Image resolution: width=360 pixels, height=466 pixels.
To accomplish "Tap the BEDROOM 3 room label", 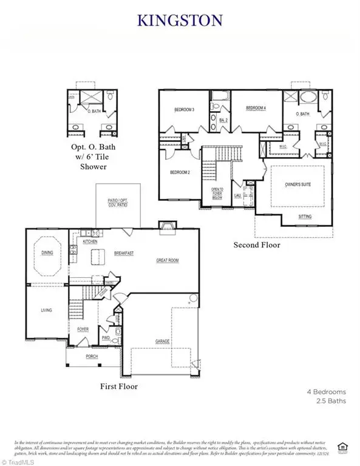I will pos(184,110).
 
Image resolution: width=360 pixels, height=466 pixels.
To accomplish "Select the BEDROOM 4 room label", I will pos(256,108).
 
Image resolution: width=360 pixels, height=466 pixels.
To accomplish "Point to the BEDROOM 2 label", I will pos(180,172).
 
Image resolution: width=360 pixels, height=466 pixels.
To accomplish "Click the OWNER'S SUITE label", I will pos(297,183).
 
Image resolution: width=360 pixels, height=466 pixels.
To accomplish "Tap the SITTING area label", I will pos(305,217).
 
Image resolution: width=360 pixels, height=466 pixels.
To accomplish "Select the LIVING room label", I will pos(47,310).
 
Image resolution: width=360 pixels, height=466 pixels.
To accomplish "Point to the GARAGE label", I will pos(162,342).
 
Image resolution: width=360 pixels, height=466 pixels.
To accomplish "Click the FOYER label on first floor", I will pos(83,329).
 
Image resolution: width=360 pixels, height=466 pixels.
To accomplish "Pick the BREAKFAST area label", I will pos(124,253).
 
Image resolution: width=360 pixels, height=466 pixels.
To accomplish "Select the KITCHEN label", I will pos(90,241).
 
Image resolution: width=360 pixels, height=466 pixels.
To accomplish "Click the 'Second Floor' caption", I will pos(257,245).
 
